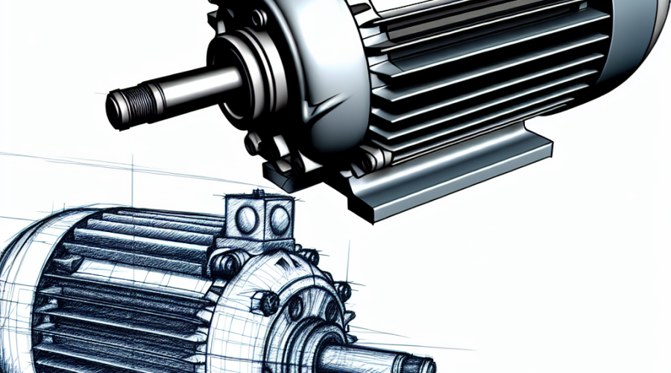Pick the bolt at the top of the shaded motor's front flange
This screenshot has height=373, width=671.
click(x=258, y=16)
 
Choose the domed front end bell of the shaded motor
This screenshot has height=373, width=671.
click(x=298, y=82)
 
